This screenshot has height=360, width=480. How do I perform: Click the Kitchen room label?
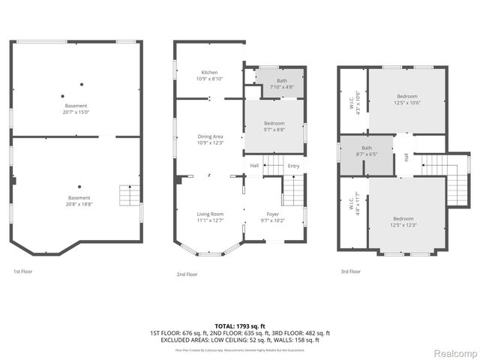click(209, 75)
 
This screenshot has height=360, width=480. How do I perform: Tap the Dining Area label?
click(209, 139)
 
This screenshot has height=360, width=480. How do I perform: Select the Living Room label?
click(209, 217)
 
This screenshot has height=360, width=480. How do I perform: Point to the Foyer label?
click(272, 217)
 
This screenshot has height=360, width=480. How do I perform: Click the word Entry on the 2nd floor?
click(293, 166)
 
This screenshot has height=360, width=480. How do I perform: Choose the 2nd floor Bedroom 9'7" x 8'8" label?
click(274, 126)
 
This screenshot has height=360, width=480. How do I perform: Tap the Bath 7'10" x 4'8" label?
click(281, 83)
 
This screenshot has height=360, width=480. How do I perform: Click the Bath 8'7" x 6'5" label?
click(367, 151)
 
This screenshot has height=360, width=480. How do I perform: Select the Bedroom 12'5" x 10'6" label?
click(407, 100)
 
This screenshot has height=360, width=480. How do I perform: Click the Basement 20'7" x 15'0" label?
click(76, 109)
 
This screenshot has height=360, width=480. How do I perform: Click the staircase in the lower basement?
click(130, 197)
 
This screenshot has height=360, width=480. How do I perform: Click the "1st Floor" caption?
click(23, 271)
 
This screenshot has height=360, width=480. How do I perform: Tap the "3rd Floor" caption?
click(350, 271)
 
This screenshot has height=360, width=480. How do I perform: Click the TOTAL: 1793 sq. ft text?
click(239, 326)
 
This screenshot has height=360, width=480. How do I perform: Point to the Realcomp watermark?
click(452, 352)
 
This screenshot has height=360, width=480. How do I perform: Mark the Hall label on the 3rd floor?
click(406, 157)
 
